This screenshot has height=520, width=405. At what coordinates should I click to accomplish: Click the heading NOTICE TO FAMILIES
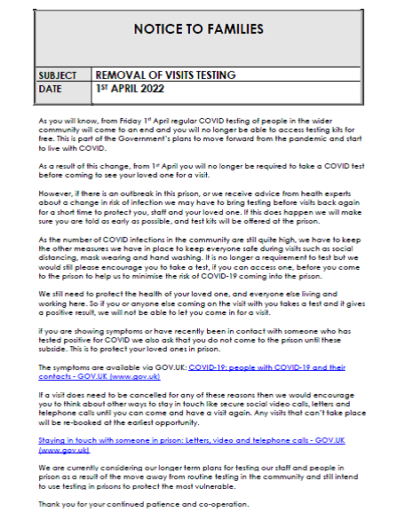(198, 28)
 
